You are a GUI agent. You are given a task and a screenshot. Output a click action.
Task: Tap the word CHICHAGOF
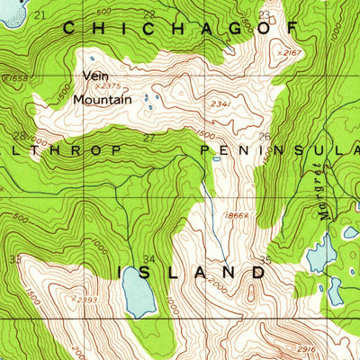(x=180, y=29)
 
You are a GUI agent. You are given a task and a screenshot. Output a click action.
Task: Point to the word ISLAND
(x=190, y=271)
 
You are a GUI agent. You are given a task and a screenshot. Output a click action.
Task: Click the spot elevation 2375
(x=140, y=85)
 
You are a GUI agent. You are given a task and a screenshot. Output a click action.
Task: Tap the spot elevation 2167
(x=291, y=53)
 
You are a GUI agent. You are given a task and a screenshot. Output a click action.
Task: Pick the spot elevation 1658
(x=13, y=79)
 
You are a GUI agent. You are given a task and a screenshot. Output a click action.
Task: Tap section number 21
(x=39, y=15)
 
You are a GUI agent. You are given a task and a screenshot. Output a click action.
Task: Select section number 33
(x=14, y=259)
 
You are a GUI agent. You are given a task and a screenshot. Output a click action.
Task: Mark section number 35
(x=265, y=261)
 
